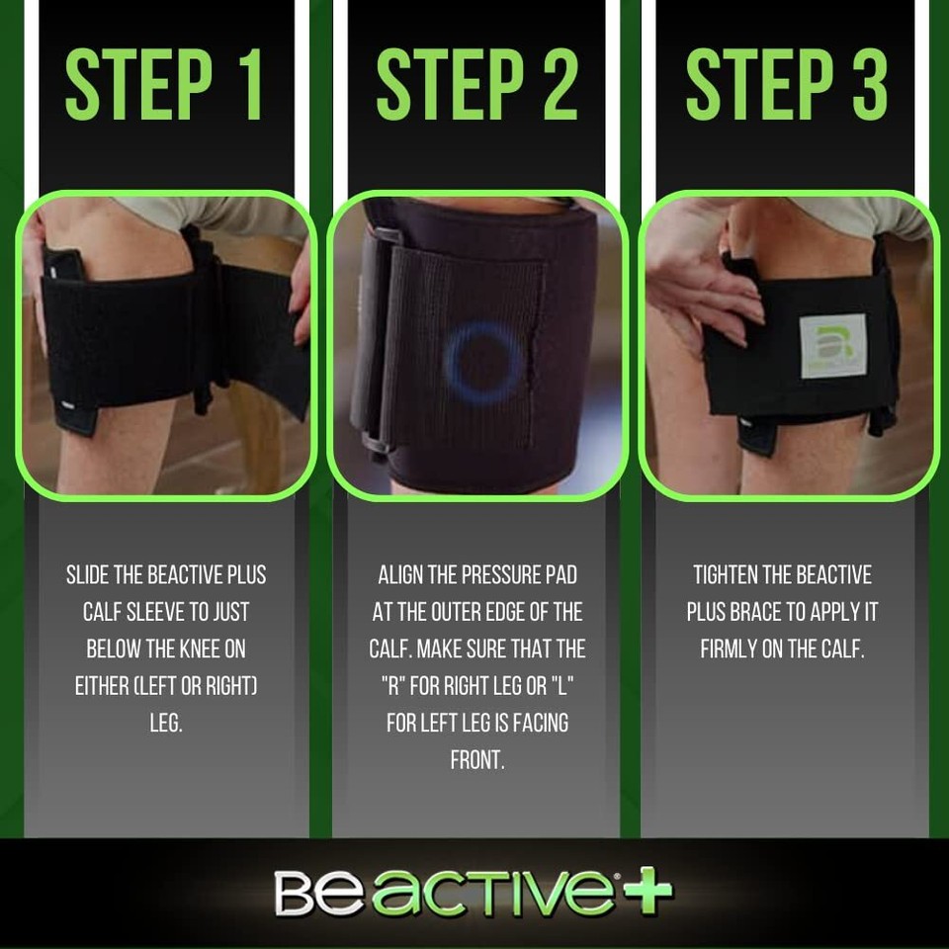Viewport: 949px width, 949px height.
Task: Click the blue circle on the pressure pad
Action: (x=483, y=361)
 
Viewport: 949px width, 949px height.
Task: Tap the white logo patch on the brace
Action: (x=832, y=346)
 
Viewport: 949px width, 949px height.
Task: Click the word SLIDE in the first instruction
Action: (x=90, y=575)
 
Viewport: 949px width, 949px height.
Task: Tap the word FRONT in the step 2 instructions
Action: (x=477, y=760)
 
